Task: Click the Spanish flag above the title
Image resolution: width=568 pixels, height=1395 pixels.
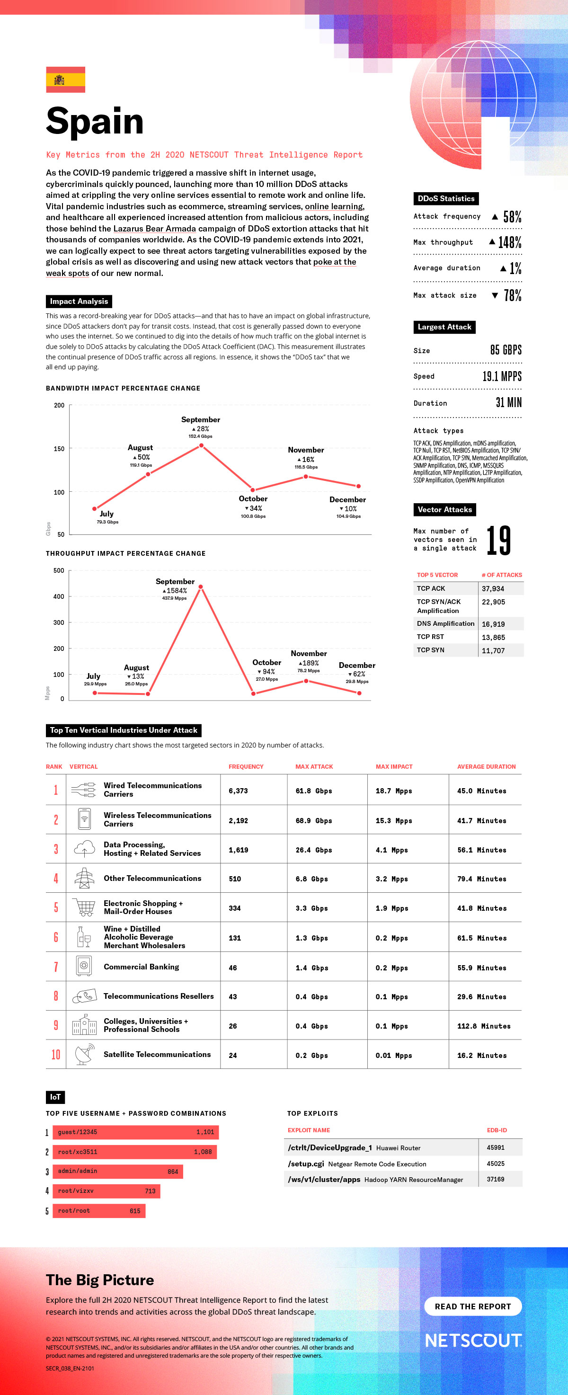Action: point(65,80)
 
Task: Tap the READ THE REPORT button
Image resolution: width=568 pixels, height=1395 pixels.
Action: point(473,1306)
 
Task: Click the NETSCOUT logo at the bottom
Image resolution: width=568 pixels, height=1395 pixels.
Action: point(473,1340)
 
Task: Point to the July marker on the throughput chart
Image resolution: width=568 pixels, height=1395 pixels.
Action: point(95,693)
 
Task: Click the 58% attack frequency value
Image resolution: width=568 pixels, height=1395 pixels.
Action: point(512,217)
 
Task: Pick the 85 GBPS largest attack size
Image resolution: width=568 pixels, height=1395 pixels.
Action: point(506,350)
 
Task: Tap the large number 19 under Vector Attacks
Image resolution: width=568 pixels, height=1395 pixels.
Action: point(498,541)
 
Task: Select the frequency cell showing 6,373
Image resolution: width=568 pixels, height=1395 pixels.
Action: point(238,791)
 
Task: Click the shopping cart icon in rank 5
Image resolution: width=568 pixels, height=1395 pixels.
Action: point(84,907)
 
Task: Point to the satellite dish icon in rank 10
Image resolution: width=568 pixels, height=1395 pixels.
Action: point(84,1054)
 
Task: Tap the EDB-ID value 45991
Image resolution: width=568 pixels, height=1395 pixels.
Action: point(496,1147)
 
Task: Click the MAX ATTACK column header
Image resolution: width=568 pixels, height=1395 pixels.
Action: point(314,767)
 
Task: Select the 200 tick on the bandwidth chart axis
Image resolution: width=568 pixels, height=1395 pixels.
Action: point(59,405)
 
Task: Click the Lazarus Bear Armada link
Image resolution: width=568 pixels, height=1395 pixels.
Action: point(154,229)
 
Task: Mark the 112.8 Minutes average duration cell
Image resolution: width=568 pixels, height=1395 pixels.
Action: point(484,1026)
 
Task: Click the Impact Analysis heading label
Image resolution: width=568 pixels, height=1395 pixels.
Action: point(79,301)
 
